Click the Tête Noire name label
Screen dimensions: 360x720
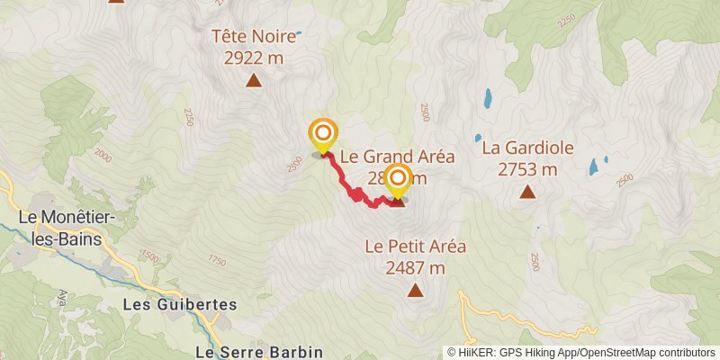pos(254,37)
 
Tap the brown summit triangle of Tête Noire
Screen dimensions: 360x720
pos(254,81)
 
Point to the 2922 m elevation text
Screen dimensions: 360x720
pos(254,57)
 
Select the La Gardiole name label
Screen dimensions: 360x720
pos(527,148)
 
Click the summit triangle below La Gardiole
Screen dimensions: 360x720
pos(527,191)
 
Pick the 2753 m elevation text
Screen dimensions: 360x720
pos(527,168)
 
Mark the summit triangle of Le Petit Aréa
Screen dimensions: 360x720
pos(415,289)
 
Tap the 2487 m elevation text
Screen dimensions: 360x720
pos(415,266)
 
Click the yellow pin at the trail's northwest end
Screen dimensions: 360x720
pos(321,135)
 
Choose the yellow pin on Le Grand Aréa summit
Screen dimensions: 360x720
pos(396,181)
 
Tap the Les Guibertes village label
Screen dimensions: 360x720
pos(180,305)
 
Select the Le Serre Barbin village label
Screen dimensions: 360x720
pos(259,351)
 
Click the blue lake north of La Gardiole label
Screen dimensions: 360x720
pos(487,97)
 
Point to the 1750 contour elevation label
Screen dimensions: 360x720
pos(216,260)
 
